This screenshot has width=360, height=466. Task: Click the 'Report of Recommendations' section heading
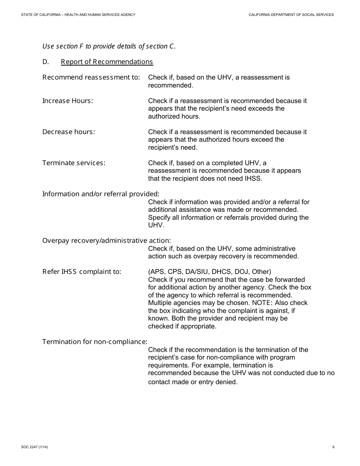pos(107,62)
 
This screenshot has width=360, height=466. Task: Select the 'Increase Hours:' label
pos(67,101)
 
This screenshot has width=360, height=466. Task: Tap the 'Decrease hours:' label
pos(69,132)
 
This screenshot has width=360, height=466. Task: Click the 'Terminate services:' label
pos(74,163)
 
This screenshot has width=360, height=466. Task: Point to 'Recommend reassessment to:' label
pos(91,77)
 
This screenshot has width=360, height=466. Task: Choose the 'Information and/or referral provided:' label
pos(101,194)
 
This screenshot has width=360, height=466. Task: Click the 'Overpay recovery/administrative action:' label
pos(106,241)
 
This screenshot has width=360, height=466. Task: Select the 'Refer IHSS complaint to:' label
pos(82,272)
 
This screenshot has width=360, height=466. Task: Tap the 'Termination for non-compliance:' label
pos(95,342)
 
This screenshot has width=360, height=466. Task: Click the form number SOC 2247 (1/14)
pos(34,447)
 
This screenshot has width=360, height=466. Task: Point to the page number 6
pos(333,447)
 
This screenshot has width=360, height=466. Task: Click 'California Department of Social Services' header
pos(291,15)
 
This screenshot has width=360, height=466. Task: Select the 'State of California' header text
pos(78,15)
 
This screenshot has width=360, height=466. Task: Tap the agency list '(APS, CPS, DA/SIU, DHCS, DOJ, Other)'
pos(210,272)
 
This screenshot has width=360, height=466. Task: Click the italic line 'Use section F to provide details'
pos(109,46)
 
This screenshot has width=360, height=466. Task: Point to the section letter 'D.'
pos(46,62)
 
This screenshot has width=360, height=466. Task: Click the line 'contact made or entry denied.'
pos(193,382)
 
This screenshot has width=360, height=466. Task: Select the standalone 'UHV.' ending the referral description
pos(156,225)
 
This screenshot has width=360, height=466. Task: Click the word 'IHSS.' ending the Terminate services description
pos(254,178)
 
